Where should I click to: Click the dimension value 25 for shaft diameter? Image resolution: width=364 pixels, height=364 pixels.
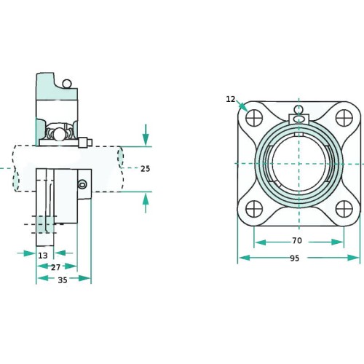coord(146,169)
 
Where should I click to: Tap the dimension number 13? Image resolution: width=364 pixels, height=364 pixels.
coord(43,256)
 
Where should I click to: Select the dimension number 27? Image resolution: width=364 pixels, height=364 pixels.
coord(55,267)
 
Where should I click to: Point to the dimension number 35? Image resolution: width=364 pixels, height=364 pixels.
coord(63,280)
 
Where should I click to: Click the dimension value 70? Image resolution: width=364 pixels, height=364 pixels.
coord(297,240)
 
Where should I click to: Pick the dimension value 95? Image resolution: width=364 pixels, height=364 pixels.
coord(295,258)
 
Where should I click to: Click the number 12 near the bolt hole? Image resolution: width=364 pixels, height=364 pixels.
coord(231,99)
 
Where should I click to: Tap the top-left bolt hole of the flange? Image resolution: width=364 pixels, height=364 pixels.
coord(254,118)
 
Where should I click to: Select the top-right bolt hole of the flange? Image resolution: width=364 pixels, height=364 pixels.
coord(344,118)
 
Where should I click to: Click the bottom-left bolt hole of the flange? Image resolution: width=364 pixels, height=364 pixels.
coord(254,209)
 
